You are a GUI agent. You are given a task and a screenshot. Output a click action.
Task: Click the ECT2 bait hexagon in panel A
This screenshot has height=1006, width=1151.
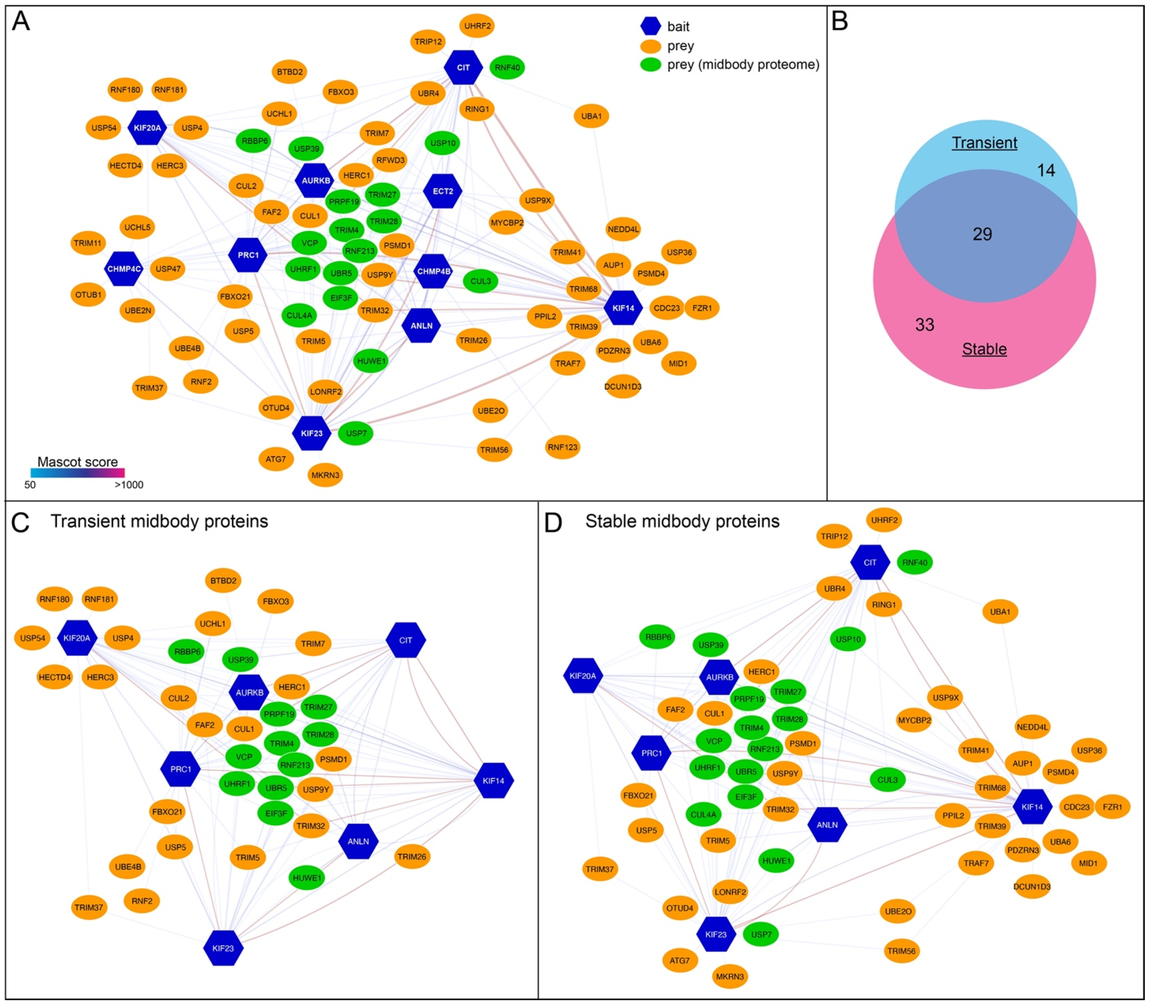[x=443, y=191]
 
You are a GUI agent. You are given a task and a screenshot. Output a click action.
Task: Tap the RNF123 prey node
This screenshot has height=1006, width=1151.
[x=562, y=447]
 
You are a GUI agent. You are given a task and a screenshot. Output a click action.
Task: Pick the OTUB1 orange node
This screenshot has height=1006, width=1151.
[x=88, y=295]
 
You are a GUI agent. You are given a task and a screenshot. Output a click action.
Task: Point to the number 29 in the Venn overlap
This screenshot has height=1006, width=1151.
[x=983, y=234]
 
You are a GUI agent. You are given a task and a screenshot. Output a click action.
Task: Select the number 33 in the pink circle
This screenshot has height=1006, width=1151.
[x=925, y=324]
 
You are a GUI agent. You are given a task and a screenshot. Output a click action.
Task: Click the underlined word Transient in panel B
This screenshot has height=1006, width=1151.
[x=984, y=143]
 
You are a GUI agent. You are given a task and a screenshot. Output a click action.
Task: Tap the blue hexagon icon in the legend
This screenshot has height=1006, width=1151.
[x=650, y=26]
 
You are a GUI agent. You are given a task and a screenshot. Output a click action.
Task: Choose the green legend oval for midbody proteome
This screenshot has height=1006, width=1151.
[x=650, y=64]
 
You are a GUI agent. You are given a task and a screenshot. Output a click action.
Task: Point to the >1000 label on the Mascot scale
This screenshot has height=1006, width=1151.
[x=129, y=485]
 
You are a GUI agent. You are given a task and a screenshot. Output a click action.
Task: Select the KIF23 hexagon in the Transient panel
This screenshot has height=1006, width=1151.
[x=223, y=948]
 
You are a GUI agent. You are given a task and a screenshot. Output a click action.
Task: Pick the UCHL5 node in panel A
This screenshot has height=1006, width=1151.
[x=137, y=227]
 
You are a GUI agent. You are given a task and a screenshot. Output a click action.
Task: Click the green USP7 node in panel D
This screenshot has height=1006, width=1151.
[x=761, y=934]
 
